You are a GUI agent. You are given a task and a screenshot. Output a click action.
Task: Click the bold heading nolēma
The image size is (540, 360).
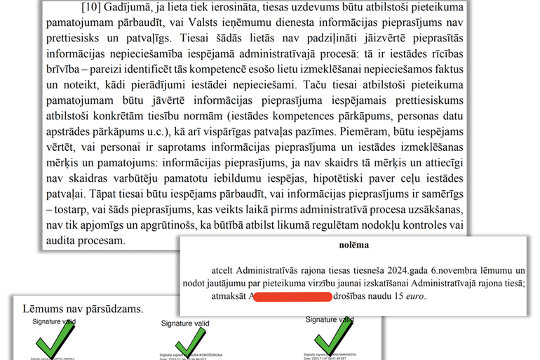coord(355,246)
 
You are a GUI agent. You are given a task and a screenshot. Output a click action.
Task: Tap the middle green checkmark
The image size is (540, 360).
coord(187,345)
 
